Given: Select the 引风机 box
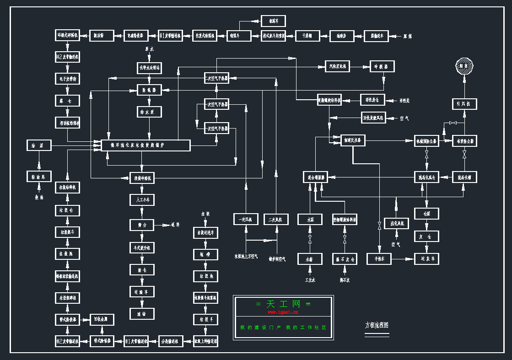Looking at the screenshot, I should tap(464, 104).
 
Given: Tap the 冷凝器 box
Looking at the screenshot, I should tap(382, 67).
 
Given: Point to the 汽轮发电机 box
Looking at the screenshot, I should tap(337, 67).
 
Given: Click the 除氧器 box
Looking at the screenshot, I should tap(150, 90).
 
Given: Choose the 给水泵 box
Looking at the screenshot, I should tap(150, 112).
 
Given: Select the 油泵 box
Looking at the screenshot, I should tap(39, 145).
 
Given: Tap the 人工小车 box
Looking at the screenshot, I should tap(142, 200).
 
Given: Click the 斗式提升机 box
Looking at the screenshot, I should tap(142, 247).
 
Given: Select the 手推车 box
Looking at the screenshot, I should tap(379, 259).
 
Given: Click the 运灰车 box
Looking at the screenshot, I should tap(427, 259).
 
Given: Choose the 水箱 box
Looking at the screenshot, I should tap(310, 259).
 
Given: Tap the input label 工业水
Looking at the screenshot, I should tap(310, 279).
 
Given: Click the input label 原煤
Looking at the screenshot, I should tap(407, 36).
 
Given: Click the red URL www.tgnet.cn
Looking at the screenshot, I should tap(283, 312).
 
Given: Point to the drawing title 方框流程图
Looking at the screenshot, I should tap(377, 325).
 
